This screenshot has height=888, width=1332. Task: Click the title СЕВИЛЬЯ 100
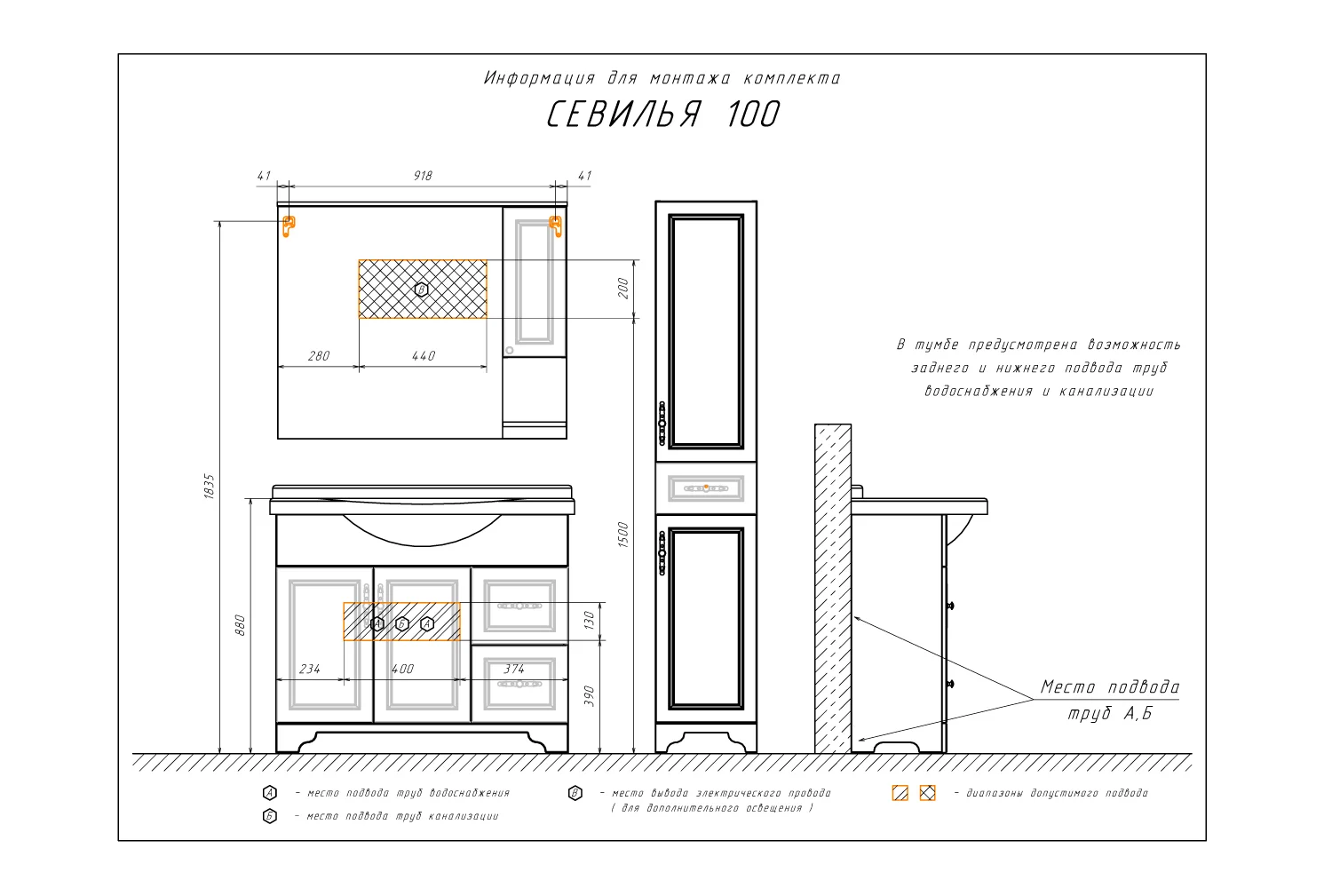tap(662, 114)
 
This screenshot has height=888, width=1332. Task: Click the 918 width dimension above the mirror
tap(423, 176)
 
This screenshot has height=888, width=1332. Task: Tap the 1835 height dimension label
tap(209, 486)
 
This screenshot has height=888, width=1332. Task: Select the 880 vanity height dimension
tap(240, 625)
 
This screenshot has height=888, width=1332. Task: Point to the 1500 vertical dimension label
tap(622, 534)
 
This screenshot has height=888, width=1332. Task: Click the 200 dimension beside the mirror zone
tap(622, 288)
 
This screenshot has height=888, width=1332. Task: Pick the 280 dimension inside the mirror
tap(319, 356)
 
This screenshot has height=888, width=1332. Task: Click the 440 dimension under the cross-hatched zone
tap(424, 356)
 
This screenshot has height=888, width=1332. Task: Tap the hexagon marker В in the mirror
tap(421, 289)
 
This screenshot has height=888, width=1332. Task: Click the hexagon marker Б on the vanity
tap(402, 624)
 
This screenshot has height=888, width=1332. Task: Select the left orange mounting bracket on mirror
tap(289, 226)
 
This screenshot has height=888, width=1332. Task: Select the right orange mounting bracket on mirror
tap(555, 226)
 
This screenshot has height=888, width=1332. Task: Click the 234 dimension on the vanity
tap(310, 670)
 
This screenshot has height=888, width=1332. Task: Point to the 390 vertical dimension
tap(589, 696)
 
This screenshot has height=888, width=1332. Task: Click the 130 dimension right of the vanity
tap(589, 620)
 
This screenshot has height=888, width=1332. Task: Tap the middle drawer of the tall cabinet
tap(706, 488)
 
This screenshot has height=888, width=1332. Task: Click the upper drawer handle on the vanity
tap(519, 607)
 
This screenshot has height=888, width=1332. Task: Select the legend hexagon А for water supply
tap(269, 793)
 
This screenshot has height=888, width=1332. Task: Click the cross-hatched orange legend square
tap(928, 793)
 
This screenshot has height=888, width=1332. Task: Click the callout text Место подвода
tap(1110, 687)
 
